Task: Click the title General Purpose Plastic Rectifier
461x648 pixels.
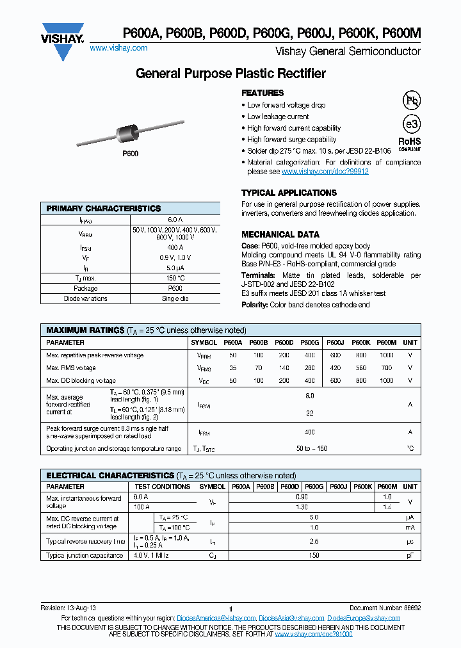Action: point(230,74)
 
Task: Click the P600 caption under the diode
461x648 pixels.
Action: point(131,154)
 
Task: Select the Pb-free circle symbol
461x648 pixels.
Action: point(410,100)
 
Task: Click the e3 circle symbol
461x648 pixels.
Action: point(410,124)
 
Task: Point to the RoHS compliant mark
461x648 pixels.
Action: point(410,143)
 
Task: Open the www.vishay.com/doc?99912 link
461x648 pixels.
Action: point(325,172)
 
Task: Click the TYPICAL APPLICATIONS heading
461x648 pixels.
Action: point(289,193)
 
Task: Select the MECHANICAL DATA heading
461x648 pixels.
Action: point(280,234)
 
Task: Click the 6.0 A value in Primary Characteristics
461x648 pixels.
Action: point(175,219)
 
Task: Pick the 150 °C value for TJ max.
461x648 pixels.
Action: point(175,278)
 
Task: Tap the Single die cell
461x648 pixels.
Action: point(175,298)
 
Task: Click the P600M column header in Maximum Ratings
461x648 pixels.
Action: point(386,343)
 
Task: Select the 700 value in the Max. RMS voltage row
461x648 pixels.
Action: point(386,368)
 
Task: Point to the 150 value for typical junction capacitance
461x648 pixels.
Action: point(314,556)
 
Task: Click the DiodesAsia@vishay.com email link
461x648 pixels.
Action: point(291,618)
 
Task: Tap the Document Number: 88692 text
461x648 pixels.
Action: point(385,607)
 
